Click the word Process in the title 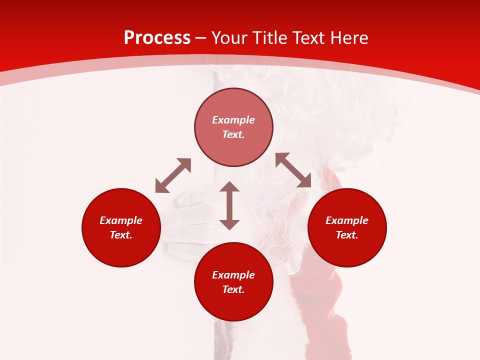click(x=157, y=38)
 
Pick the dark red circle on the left click(x=121, y=227)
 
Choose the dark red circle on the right click(x=346, y=227)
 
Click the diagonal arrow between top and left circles click(x=173, y=175)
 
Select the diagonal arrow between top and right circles click(x=293, y=170)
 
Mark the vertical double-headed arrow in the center click(x=229, y=205)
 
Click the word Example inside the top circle click(x=233, y=120)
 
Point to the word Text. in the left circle click(x=121, y=235)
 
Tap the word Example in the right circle click(x=346, y=220)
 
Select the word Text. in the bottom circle click(x=233, y=289)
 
